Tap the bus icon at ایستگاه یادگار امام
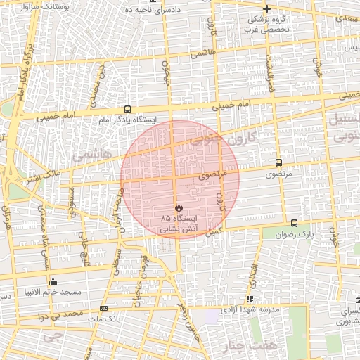tap(127, 109)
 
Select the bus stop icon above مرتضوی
tap(279, 162)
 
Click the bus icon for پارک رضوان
tap(293, 223)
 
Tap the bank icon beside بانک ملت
tap(104, 308)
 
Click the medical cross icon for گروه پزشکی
tap(266, 9)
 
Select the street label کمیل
tap(214, 231)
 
